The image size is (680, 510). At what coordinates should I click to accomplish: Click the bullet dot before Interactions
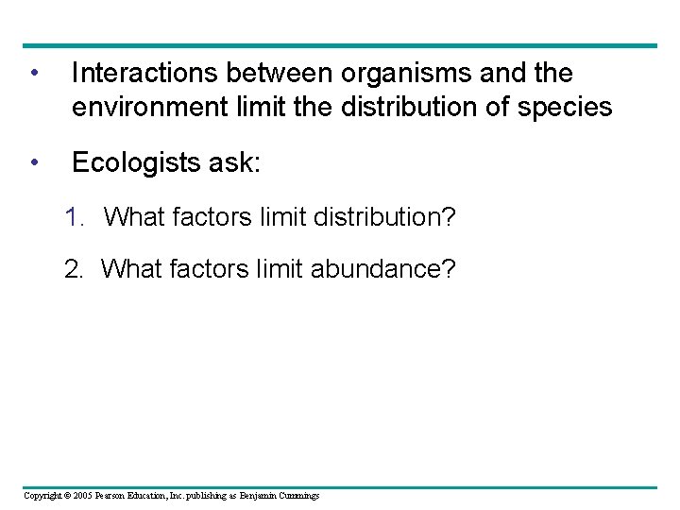pyautogui.click(x=34, y=74)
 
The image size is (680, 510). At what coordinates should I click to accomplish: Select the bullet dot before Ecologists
pyautogui.click(x=34, y=163)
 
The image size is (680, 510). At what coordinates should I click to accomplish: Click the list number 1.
pyautogui.click(x=74, y=218)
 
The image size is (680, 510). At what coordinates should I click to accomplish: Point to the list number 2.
pyautogui.click(x=73, y=269)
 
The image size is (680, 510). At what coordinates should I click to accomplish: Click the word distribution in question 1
pyautogui.click(x=378, y=218)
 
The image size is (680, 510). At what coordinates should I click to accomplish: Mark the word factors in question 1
pyautogui.click(x=204, y=218)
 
